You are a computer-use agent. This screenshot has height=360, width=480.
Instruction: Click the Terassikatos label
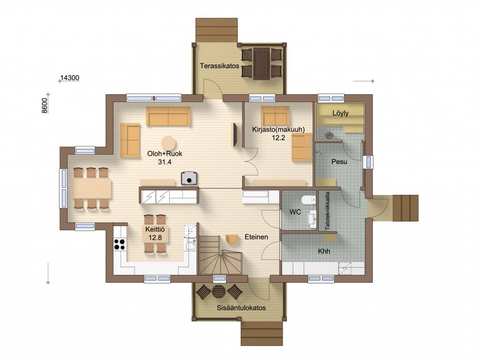219,66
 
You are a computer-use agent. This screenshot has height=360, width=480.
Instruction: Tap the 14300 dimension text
70,78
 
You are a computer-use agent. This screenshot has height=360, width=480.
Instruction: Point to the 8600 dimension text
45,105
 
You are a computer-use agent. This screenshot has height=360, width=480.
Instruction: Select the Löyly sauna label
340,113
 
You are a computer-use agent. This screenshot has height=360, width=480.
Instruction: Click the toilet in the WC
308,200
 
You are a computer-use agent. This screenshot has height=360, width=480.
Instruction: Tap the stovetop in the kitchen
120,244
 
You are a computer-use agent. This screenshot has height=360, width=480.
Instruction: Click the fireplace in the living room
189,178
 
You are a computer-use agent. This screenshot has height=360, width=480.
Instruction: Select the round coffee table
169,143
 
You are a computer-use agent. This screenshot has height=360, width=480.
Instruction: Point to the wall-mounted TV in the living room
236,135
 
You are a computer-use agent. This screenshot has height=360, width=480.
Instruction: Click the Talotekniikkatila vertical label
328,211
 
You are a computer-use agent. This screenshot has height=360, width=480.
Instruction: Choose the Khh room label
324,251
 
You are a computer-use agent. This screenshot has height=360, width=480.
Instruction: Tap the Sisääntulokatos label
241,308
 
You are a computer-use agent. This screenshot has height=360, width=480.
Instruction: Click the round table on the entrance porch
219,292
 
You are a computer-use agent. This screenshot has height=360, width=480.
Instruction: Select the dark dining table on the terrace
262,63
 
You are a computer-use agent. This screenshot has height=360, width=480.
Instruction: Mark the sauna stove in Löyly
329,135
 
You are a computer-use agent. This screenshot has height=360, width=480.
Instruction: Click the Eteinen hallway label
256,237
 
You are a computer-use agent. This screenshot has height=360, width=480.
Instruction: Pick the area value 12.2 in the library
278,138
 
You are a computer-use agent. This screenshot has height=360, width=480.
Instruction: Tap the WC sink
312,219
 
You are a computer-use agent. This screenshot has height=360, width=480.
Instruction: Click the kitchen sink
191,244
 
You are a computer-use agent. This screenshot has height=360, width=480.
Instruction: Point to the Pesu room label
339,162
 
